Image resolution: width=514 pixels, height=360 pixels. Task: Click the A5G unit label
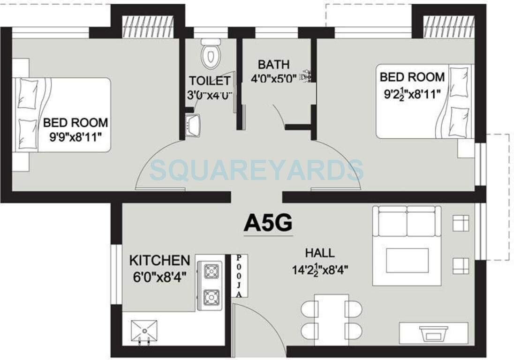(268, 223)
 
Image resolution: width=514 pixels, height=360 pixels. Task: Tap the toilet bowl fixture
(211, 55)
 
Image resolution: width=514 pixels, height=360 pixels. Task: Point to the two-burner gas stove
(211, 284)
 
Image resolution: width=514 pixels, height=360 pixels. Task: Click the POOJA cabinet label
(239, 276)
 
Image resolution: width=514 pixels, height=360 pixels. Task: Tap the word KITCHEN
(159, 260)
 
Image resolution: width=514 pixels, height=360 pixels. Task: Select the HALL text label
(320, 253)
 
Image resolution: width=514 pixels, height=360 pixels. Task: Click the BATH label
(274, 64)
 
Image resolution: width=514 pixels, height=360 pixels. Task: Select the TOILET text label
(210, 81)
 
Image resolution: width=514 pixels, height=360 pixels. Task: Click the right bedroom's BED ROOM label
(412, 77)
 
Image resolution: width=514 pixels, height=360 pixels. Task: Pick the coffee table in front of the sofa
(407, 260)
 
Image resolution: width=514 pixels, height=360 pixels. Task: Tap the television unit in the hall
(431, 333)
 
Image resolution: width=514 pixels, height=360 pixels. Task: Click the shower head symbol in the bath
(307, 75)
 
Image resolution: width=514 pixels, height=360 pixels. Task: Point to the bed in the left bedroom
(63, 114)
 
